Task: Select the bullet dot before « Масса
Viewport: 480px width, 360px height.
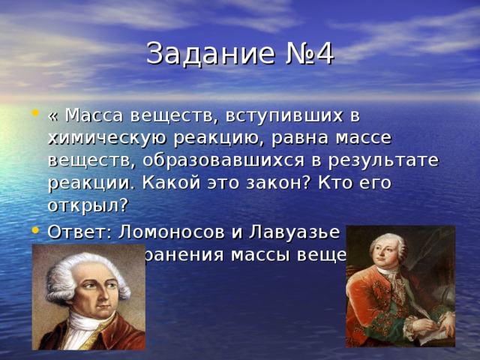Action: click(x=35, y=116)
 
